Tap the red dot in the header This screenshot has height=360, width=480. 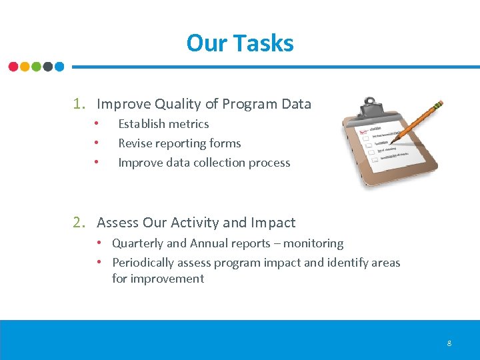click(x=13, y=67)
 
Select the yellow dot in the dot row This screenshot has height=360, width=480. click(x=25, y=67)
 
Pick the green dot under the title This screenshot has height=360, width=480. click(x=36, y=67)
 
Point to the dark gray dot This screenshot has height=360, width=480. click(x=47, y=67)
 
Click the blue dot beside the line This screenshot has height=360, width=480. click(x=59, y=67)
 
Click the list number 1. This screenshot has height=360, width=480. click(x=78, y=104)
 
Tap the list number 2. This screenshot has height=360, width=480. click(x=78, y=223)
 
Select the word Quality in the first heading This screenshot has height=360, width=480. click(x=177, y=104)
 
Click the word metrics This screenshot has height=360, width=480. click(x=189, y=124)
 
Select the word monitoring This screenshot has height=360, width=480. click(x=313, y=244)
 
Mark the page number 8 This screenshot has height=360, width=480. click(x=449, y=343)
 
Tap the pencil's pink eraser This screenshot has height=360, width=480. click(x=438, y=105)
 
